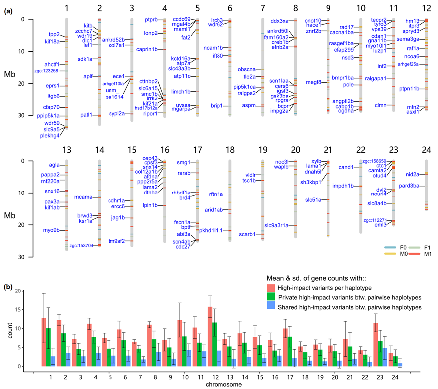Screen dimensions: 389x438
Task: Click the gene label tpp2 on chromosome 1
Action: tap(54, 34)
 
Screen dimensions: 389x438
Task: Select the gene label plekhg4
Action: tap(50, 135)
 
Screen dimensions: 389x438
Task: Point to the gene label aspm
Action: tap(249, 106)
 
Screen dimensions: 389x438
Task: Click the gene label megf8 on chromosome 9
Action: tap(313, 82)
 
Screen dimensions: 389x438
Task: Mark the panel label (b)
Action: tap(8, 287)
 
